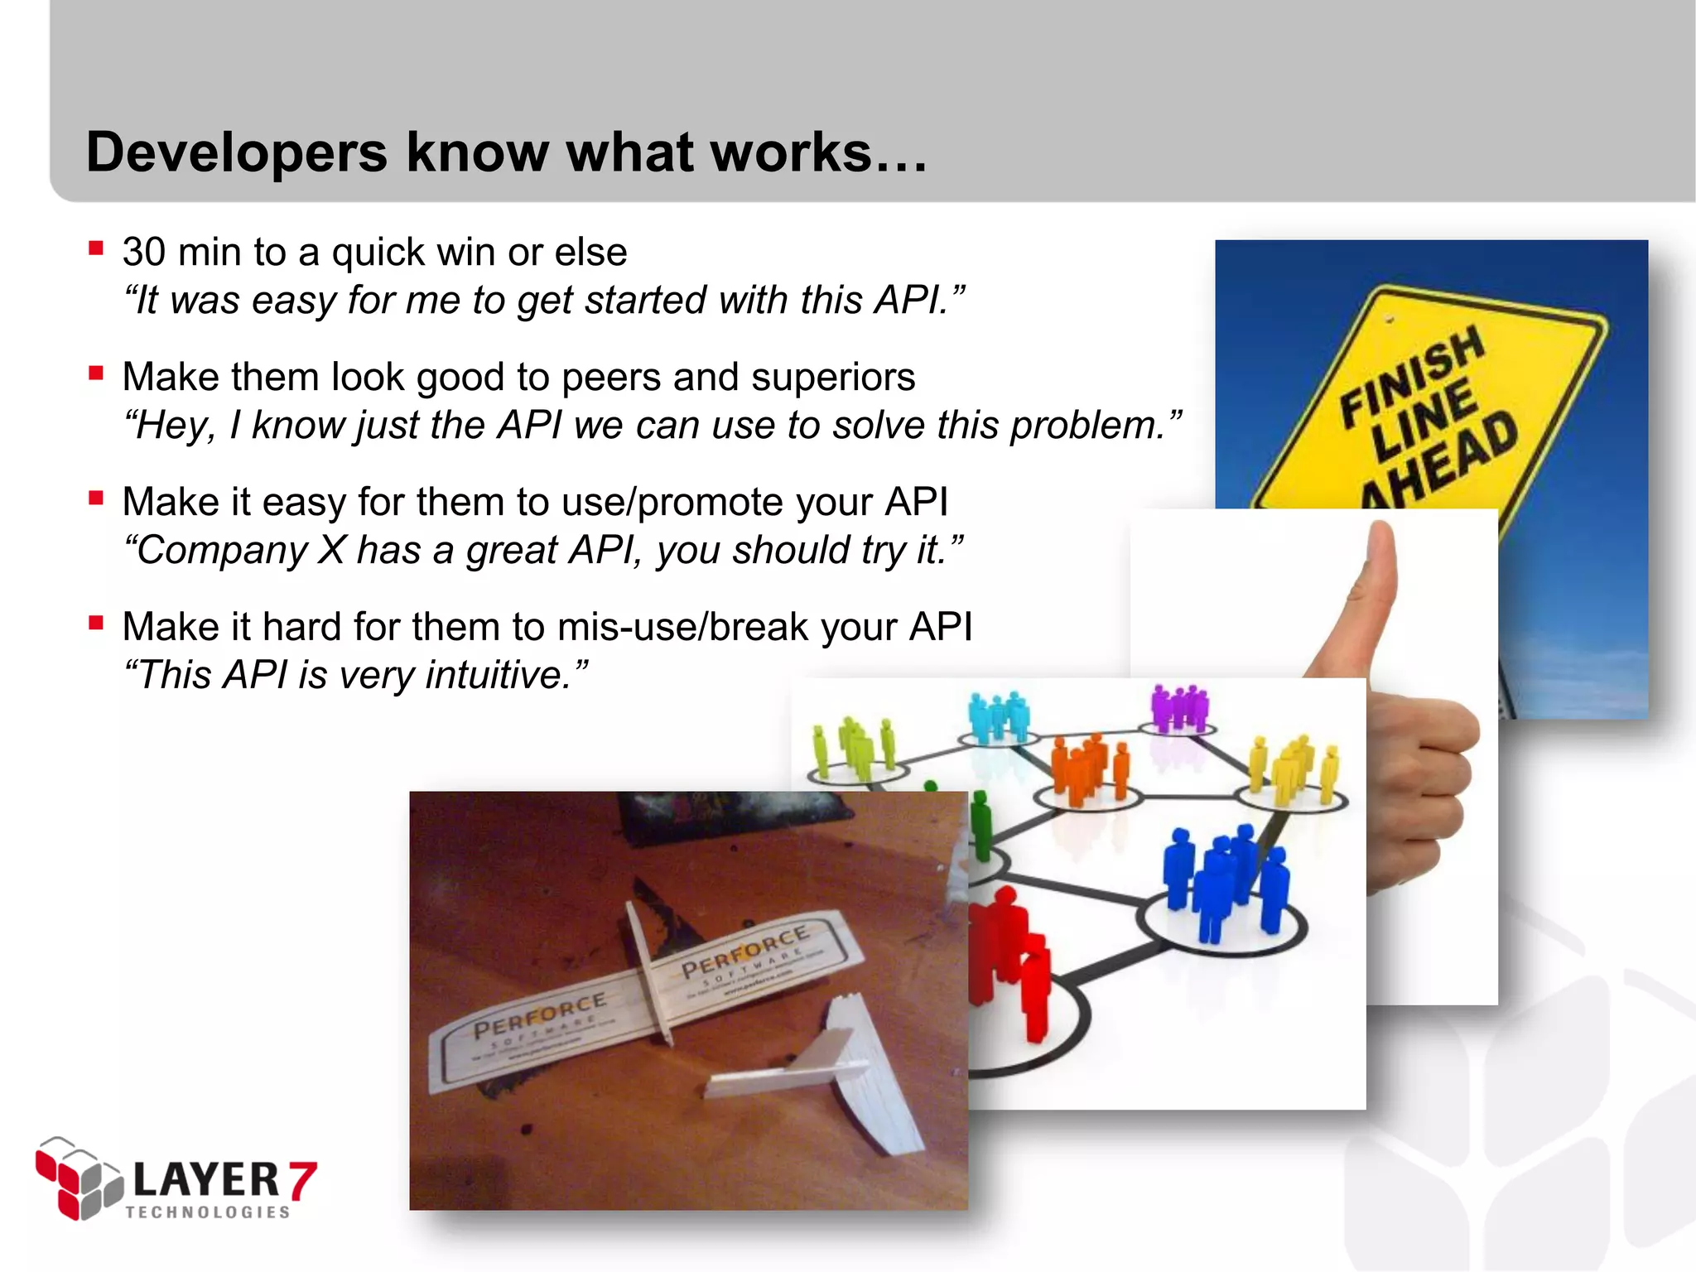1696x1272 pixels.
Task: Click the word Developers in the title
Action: tap(237, 153)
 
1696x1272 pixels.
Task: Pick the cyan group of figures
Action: tap(999, 717)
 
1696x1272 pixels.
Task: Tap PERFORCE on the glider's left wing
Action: tap(538, 1015)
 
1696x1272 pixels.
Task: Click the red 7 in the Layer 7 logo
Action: tap(302, 1180)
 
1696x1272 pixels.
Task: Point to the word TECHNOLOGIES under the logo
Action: tap(208, 1212)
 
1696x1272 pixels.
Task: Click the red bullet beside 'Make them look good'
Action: tap(96, 373)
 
